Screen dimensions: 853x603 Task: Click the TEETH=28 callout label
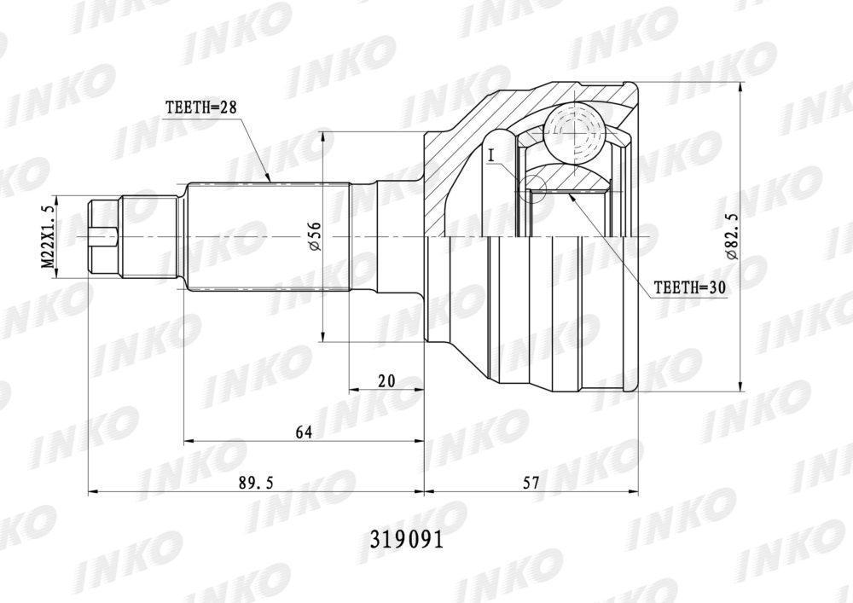[x=200, y=107]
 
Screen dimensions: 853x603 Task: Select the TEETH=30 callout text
[x=690, y=287]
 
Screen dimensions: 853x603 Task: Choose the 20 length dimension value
[x=386, y=380]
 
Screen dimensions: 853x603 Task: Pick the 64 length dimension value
[x=305, y=432]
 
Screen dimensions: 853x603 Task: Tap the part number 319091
[x=407, y=539]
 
